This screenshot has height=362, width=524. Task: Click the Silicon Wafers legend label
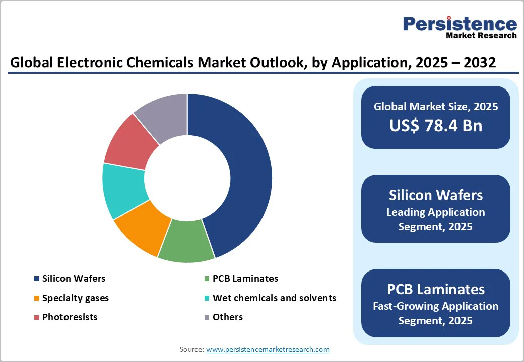pyautogui.click(x=74, y=278)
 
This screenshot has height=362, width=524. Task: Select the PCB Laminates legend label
pyautogui.click(x=245, y=278)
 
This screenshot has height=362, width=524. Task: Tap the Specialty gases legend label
pyautogui.click(x=75, y=298)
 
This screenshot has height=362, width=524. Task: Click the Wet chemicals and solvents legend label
pyautogui.click(x=274, y=298)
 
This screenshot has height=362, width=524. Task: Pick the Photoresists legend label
pyautogui.click(x=70, y=317)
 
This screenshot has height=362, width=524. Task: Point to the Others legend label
pyautogui.click(x=227, y=317)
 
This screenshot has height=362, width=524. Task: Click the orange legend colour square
pyautogui.click(x=36, y=298)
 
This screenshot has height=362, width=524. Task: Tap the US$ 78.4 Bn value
pyautogui.click(x=435, y=125)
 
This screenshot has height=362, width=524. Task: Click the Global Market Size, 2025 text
pyautogui.click(x=435, y=106)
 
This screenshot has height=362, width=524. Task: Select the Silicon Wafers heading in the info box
pyautogui.click(x=435, y=195)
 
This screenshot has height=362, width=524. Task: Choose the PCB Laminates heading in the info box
pyautogui.click(x=435, y=289)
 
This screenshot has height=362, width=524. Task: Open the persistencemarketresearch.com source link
pyautogui.click(x=268, y=349)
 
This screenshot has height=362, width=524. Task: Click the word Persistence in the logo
pyautogui.click(x=460, y=24)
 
